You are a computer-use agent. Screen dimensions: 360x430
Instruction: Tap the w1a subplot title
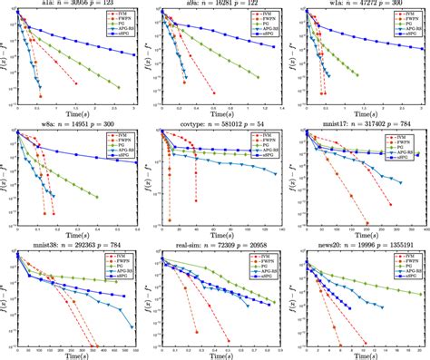[362, 5]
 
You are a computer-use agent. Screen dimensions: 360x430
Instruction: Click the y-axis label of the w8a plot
[5, 177]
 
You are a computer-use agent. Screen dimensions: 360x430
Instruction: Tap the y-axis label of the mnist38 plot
[5, 297]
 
